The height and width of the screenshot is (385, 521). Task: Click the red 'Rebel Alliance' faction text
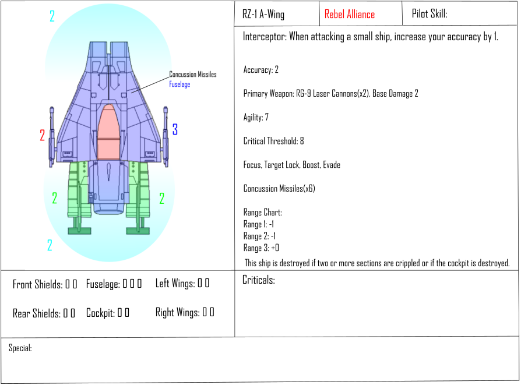(350, 15)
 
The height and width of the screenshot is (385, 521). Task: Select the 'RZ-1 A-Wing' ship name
(263, 15)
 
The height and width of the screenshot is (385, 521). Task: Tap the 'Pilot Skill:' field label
(430, 13)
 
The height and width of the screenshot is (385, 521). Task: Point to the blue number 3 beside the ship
(175, 129)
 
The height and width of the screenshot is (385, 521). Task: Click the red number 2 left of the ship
(42, 135)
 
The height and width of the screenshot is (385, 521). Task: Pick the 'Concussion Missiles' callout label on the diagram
(193, 75)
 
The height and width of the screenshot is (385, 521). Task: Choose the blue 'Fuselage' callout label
(179, 84)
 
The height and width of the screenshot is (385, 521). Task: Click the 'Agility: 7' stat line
(256, 117)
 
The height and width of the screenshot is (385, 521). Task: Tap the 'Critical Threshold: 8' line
(273, 141)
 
